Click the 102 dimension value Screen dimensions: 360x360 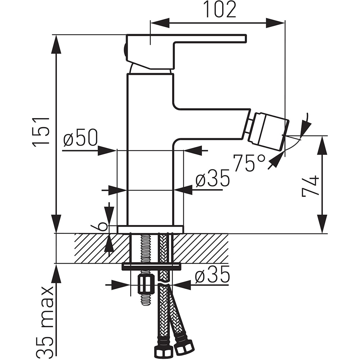point(220,10)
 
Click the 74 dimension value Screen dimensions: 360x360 point(310,186)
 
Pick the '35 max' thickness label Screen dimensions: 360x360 point(47,320)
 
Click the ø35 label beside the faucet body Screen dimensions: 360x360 point(212,179)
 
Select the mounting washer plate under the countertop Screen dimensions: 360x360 point(151,266)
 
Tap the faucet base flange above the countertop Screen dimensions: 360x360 point(150,229)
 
